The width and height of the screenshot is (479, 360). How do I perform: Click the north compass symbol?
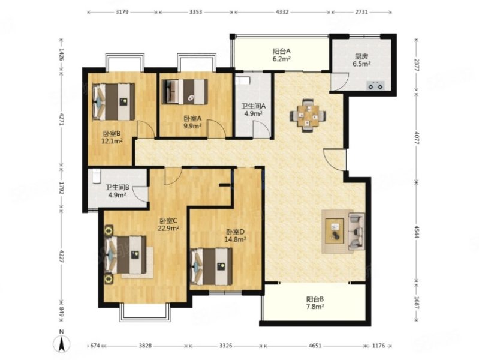pyautogui.click(x=61, y=343)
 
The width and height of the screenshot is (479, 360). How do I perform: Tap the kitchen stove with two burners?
pyautogui.click(x=375, y=85)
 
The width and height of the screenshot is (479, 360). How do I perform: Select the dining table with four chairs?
pyautogui.click(x=308, y=115)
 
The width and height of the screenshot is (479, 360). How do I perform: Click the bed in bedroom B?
pyautogui.click(x=113, y=101)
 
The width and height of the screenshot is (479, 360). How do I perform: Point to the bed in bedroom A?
pyautogui.click(x=185, y=91)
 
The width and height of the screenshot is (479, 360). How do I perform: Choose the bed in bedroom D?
pyautogui.click(x=211, y=266)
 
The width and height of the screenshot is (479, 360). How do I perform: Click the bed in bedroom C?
pyautogui.click(x=125, y=255)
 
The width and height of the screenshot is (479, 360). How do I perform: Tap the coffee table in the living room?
pyautogui.click(x=335, y=231)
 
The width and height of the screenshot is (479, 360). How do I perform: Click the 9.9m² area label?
pyautogui.click(x=192, y=125)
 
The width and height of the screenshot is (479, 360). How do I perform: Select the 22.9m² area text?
pyautogui.click(x=168, y=228)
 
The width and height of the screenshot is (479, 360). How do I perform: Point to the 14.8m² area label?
pyautogui.click(x=236, y=239)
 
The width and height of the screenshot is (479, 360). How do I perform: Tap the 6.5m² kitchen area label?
pyautogui.click(x=361, y=64)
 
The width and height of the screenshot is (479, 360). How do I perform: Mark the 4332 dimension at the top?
pyautogui.click(x=282, y=12)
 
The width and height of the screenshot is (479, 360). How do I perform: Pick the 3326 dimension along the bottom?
pyautogui.click(x=226, y=346)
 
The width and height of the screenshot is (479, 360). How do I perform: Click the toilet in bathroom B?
pyautogui.click(x=95, y=176)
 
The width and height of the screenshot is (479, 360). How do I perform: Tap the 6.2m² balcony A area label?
pyautogui.click(x=281, y=58)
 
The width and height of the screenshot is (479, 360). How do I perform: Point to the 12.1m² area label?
pyautogui.click(x=112, y=140)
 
